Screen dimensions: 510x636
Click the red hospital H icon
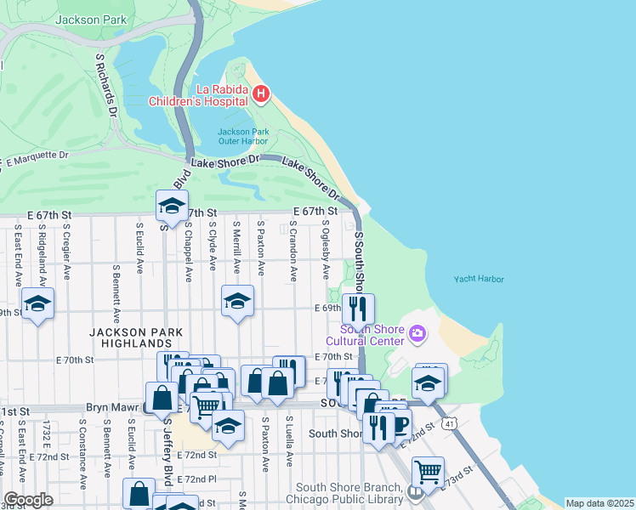261,93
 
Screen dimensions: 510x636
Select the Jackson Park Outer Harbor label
243,136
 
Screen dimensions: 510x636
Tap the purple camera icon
417,334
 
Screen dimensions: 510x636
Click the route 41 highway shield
448,421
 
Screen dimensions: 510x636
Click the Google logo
28,499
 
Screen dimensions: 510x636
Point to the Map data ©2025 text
599,503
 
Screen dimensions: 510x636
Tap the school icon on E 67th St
171,207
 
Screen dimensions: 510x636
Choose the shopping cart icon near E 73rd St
428,471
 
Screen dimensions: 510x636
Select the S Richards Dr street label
106,88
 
